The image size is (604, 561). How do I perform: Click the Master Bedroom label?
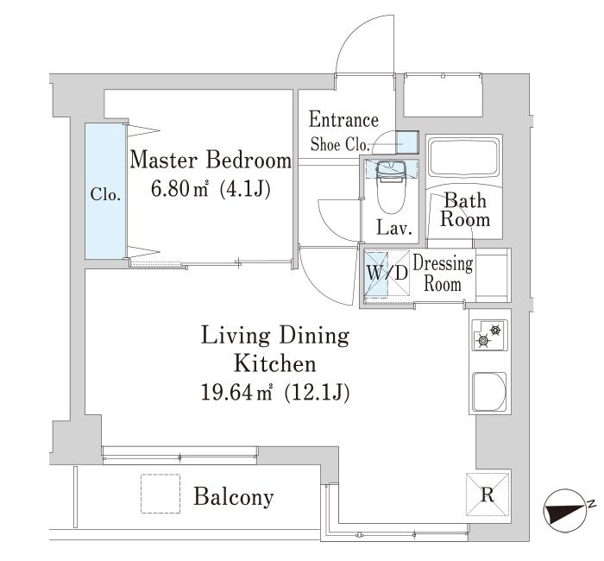click(x=211, y=160)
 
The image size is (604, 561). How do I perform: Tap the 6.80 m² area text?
click(x=179, y=188)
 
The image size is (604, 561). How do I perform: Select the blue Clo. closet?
click(x=105, y=191)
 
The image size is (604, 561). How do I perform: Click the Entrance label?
click(x=343, y=119)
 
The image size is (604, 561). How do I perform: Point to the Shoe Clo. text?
click(x=340, y=145)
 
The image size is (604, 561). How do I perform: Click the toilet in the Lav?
click(x=392, y=187)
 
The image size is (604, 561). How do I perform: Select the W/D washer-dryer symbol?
click(x=387, y=274)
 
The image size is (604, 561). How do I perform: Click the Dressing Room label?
click(x=443, y=274)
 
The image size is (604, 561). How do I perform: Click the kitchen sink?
click(x=489, y=392)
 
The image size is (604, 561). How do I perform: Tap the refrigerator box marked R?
click(x=488, y=495)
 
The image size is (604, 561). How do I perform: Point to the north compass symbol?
click(x=563, y=509)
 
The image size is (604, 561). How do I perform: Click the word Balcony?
click(x=234, y=496)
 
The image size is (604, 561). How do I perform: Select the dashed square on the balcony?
click(x=160, y=494)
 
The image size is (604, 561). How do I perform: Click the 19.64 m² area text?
click(x=236, y=393)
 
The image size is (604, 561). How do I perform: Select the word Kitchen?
click(x=275, y=363)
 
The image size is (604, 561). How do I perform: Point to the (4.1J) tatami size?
click(x=244, y=189)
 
